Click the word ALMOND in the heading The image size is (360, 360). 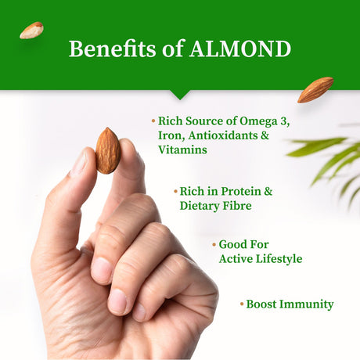pos(240,49)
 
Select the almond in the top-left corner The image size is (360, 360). pos(31,30)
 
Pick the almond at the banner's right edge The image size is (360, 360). pos(315,89)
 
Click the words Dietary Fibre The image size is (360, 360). pos(216,206)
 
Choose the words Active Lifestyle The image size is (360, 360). pos(260,258)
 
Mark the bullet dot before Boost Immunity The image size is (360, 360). pos(241,304)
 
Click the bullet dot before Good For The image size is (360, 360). pos(214,244)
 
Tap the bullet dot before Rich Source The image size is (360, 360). pos(153,121)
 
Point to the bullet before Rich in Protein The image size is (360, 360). pos(175,192)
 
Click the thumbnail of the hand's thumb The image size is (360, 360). pos(81,163)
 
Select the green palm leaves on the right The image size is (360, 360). pos(329,160)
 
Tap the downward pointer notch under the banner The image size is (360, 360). pos(180,95)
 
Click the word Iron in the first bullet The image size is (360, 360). pos(170,135)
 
